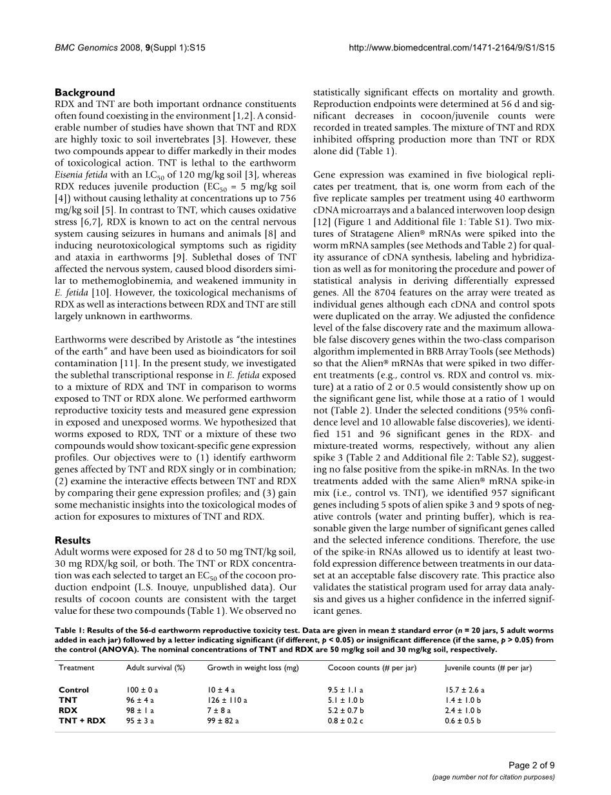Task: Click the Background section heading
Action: click(84, 92)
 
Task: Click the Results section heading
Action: click(73, 540)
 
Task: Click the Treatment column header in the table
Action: click(76, 667)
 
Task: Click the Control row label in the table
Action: click(73, 690)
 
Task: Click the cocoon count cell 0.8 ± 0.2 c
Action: click(345, 721)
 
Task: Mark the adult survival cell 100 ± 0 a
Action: click(142, 690)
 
